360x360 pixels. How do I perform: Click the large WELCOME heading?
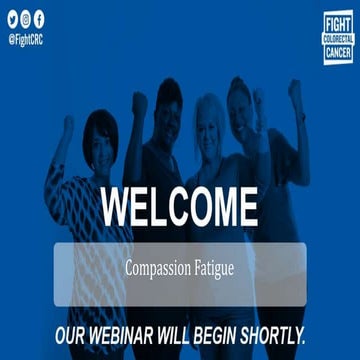click(x=179, y=205)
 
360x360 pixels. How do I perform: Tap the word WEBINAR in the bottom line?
click(x=138, y=332)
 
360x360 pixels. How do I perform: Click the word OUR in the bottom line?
click(x=77, y=332)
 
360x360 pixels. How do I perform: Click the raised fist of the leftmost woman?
click(x=68, y=126)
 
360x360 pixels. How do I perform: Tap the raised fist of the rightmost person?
click(x=294, y=90)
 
